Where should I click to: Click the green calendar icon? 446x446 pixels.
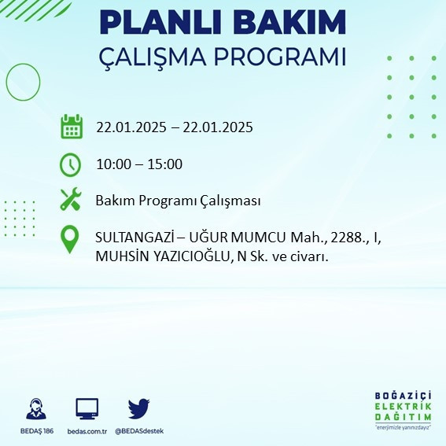pyautogui.click(x=71, y=126)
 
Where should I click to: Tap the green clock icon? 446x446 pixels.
pyautogui.click(x=71, y=164)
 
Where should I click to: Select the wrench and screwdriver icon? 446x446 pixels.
pyautogui.click(x=71, y=200)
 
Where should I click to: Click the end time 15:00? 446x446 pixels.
pyautogui.click(x=166, y=164)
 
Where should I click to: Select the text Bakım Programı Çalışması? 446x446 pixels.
pyautogui.click(x=178, y=201)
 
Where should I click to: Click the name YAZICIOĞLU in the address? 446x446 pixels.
pyautogui.click(x=185, y=256)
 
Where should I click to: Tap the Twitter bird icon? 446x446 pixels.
pyautogui.click(x=138, y=408)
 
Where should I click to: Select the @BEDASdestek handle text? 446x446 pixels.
pyautogui.click(x=139, y=431)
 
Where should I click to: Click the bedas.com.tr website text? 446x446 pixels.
pyautogui.click(x=87, y=431)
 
